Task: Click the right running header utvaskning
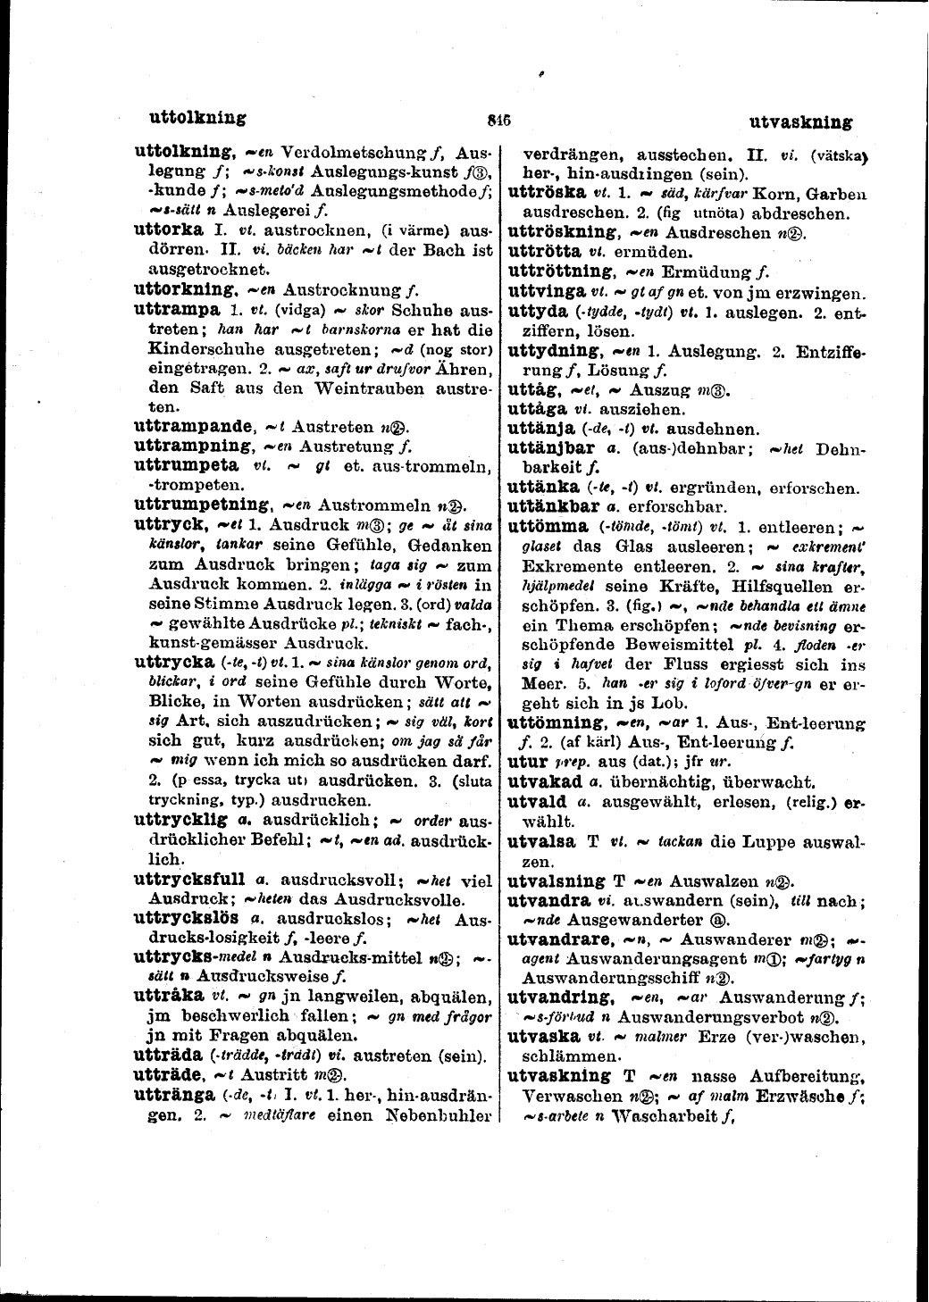pos(800,122)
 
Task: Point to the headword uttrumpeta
pos(186,465)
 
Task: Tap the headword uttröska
pos(546,192)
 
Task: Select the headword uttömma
pos(547,526)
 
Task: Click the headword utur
pos(526,762)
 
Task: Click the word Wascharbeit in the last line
pos(663,1114)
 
